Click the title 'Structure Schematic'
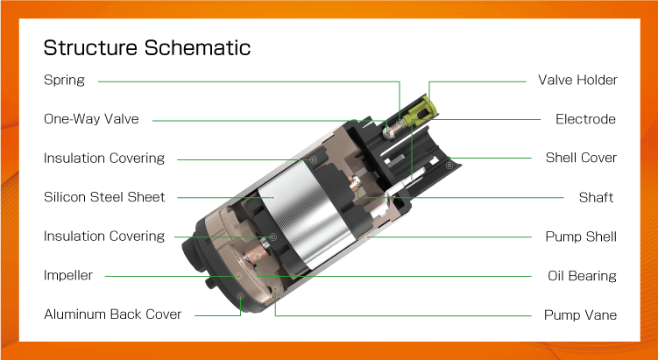(147, 47)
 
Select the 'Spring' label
(64, 80)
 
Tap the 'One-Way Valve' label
(91, 119)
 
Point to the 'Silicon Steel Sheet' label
(104, 197)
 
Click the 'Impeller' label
(68, 275)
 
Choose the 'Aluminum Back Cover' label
(112, 314)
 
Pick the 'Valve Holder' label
(577, 80)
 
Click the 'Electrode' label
(585, 119)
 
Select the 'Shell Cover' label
(581, 158)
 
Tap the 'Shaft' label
(596, 197)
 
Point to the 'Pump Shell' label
(581, 236)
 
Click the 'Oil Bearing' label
(582, 276)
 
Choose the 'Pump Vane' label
(580, 314)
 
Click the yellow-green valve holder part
(421, 109)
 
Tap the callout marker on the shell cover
(449, 166)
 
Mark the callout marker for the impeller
(238, 276)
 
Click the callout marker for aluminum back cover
(240, 296)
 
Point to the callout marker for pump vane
(275, 289)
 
